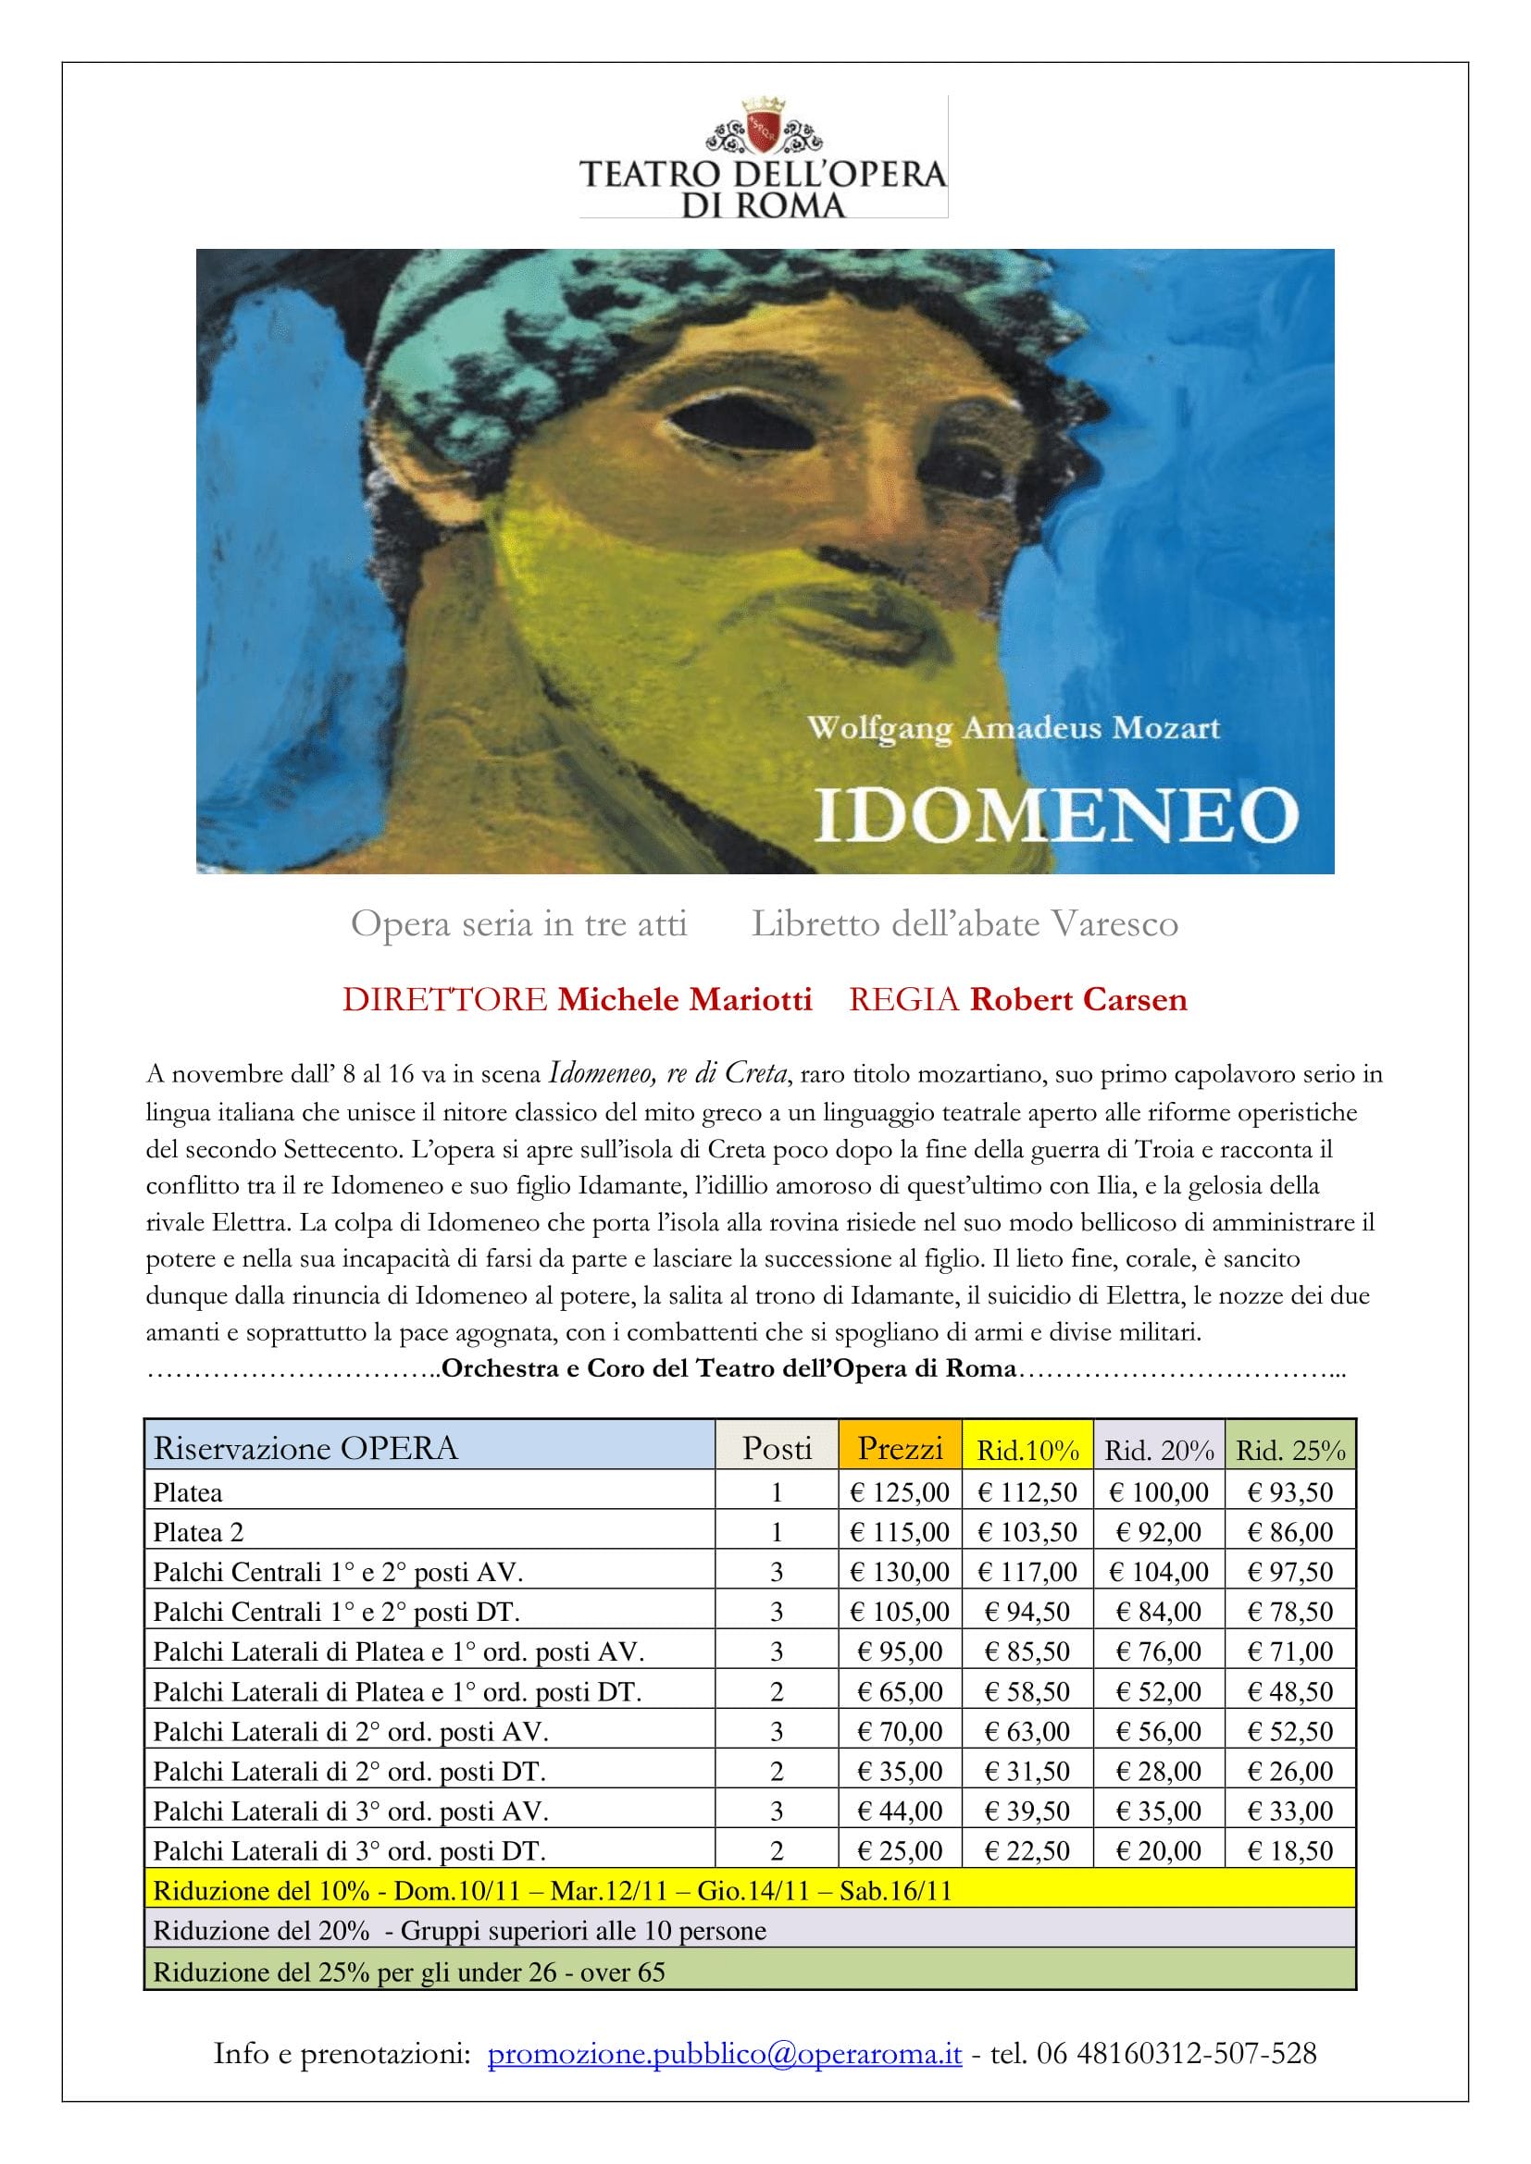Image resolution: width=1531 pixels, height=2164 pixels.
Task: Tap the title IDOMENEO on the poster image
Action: click(1056, 814)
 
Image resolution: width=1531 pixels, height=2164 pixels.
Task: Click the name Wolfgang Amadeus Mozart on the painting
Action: click(1014, 728)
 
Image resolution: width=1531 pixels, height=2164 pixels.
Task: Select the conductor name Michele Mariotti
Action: click(684, 999)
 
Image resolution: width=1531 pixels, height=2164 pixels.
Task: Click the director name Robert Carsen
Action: click(1078, 999)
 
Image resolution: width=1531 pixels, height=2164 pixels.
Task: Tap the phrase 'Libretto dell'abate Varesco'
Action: click(965, 923)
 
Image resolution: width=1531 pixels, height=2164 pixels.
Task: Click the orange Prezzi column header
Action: click(900, 1447)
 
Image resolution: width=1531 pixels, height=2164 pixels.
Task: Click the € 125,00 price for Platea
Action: click(900, 1492)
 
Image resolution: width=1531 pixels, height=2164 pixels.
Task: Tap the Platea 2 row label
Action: click(199, 1532)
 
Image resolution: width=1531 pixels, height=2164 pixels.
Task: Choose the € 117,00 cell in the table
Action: click(1027, 1572)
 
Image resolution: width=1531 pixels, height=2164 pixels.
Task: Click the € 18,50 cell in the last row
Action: click(1289, 1850)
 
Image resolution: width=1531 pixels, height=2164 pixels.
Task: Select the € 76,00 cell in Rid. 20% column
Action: click(1159, 1651)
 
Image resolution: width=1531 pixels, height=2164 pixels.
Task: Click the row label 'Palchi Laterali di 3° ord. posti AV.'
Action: click(351, 1811)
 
